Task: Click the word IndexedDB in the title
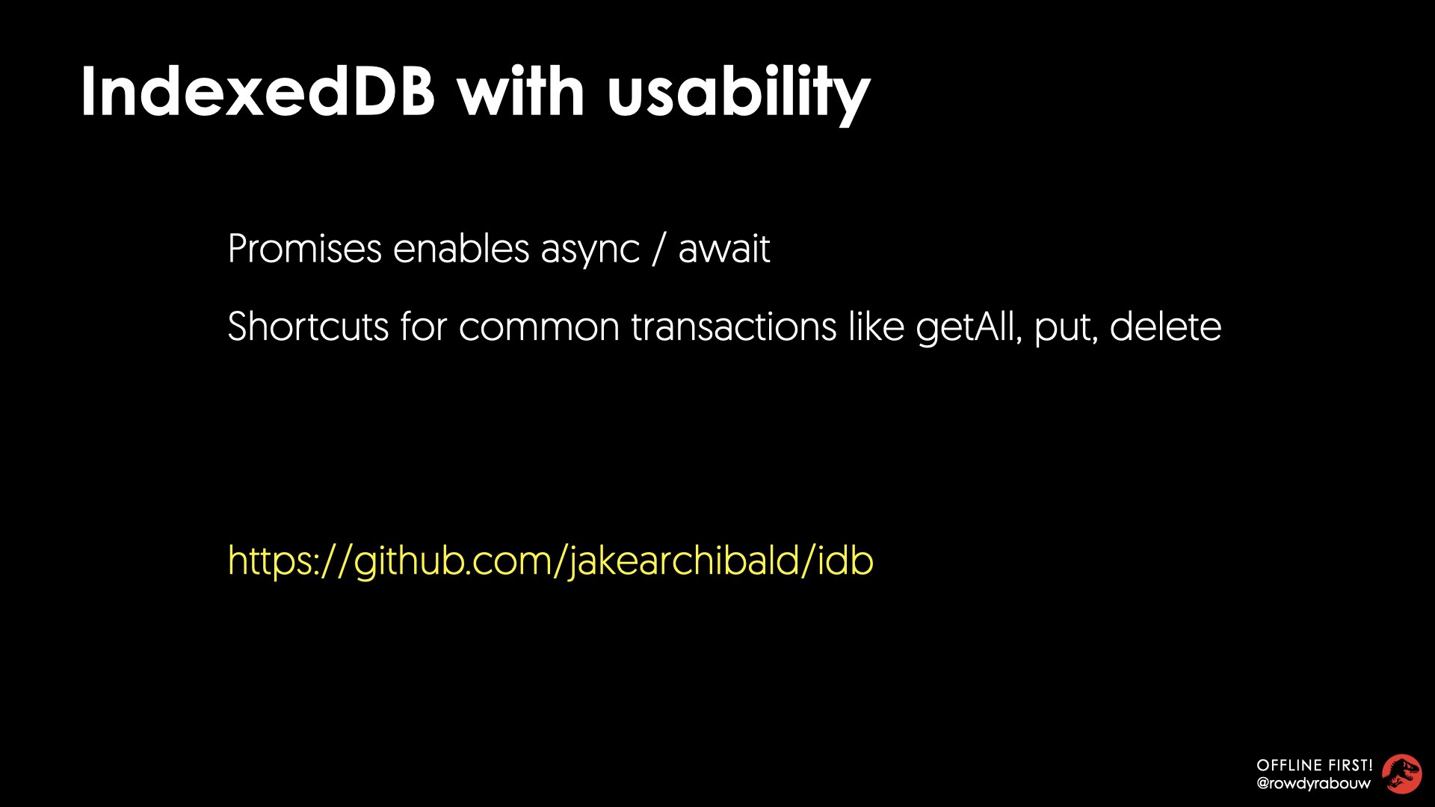click(x=258, y=91)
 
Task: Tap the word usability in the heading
click(x=739, y=95)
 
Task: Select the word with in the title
click(x=521, y=91)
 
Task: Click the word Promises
click(x=305, y=249)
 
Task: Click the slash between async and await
click(x=658, y=249)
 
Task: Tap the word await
click(x=724, y=249)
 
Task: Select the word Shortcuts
click(x=308, y=327)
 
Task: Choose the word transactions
click(x=734, y=327)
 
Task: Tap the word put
click(x=1066, y=329)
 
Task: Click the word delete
click(x=1166, y=327)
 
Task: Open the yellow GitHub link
click(x=551, y=561)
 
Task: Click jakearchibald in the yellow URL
click(x=684, y=561)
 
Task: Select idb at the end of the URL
click(x=845, y=560)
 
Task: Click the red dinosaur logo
click(x=1401, y=774)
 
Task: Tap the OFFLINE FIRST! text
click(x=1315, y=765)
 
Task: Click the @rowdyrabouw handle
click(x=1314, y=784)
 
